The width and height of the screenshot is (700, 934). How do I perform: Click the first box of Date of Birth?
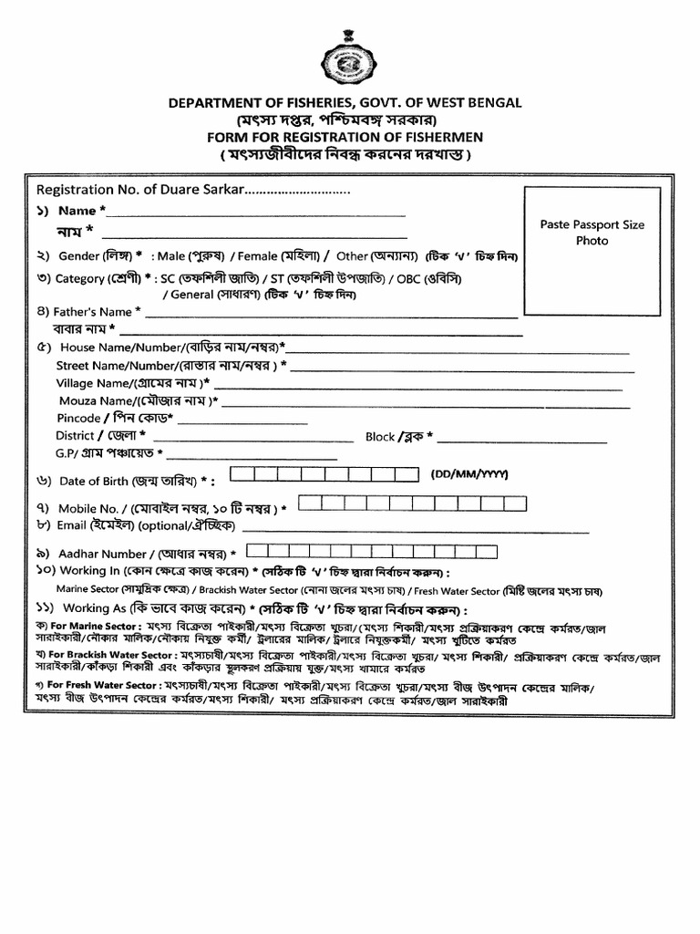(x=240, y=474)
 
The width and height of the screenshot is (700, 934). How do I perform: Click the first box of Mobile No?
(x=308, y=502)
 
